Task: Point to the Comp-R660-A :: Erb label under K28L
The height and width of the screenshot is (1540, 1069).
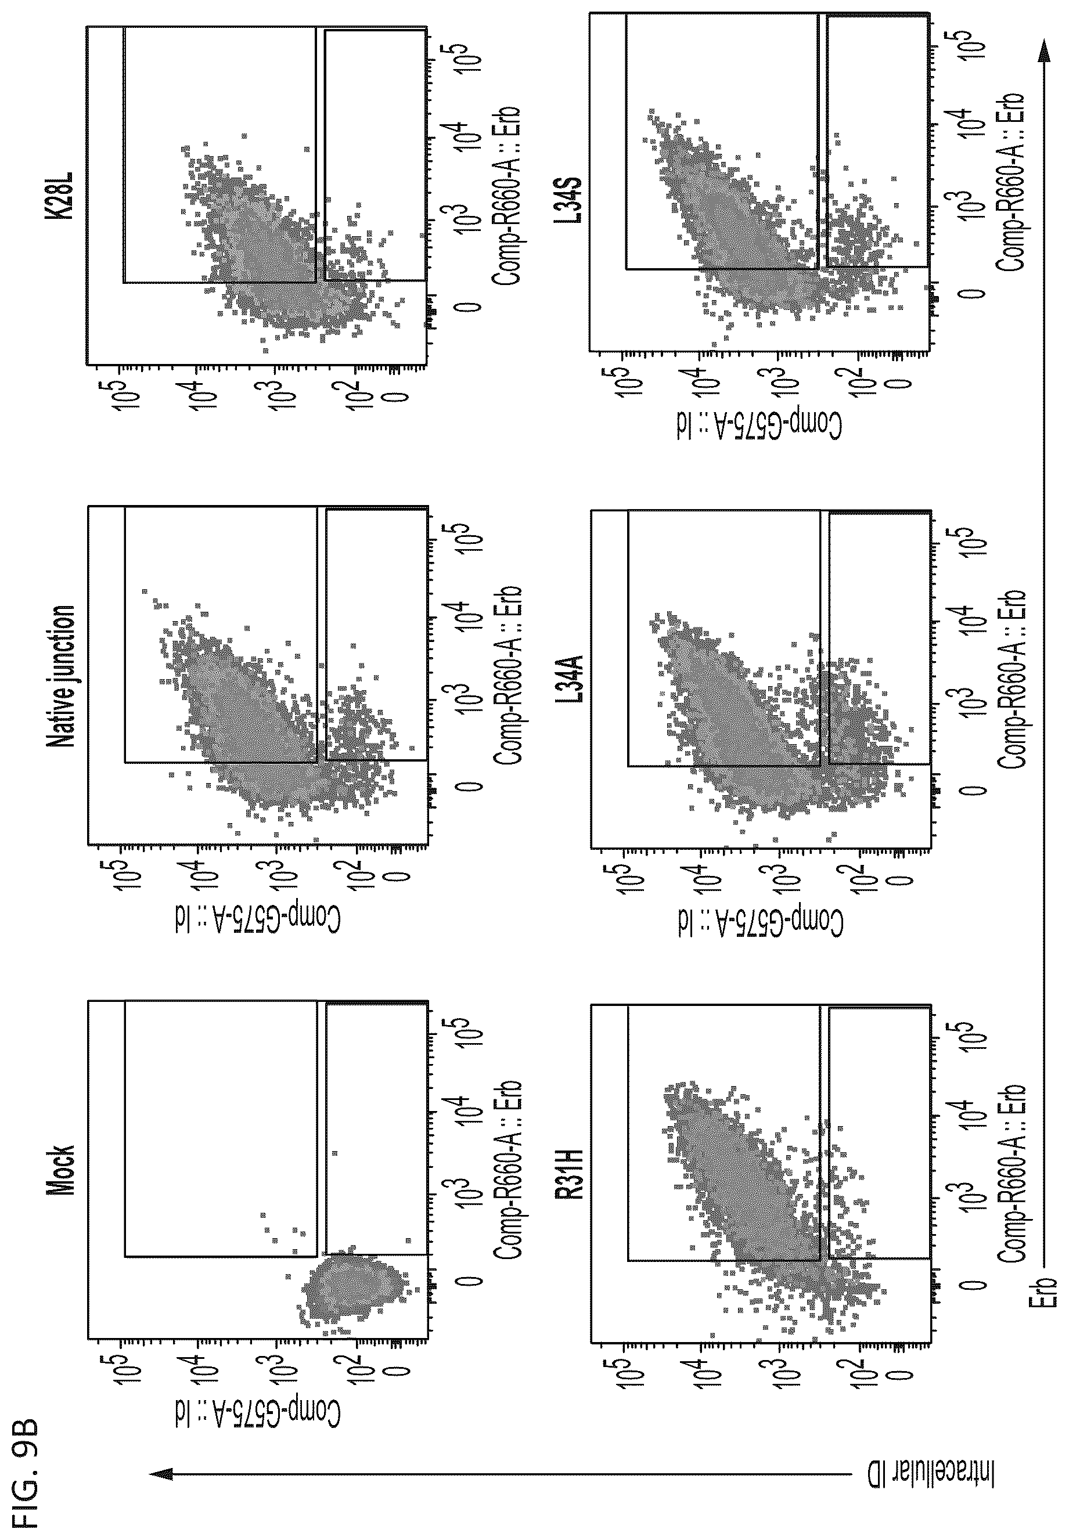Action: tap(506, 195)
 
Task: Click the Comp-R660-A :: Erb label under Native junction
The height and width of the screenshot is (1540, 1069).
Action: tap(506, 677)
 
